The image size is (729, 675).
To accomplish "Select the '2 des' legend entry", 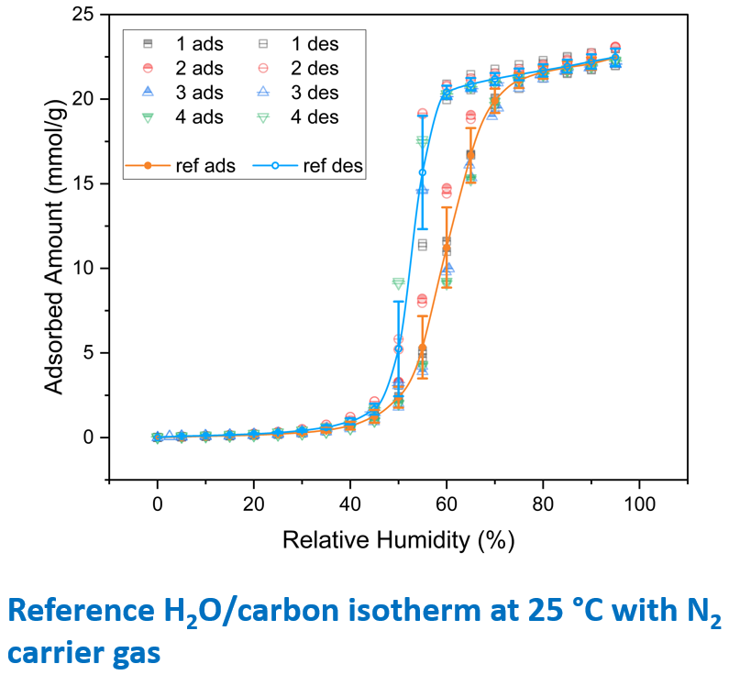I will click(299, 68).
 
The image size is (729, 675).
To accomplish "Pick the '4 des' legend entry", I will click(299, 116).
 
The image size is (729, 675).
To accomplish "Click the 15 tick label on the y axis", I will click(88, 183).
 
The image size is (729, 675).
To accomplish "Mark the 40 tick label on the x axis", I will click(349, 503).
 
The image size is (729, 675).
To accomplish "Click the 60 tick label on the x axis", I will click(446, 503).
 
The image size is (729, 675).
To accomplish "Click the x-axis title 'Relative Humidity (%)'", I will click(398, 540).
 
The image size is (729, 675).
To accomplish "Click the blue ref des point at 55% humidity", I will click(423, 172).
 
